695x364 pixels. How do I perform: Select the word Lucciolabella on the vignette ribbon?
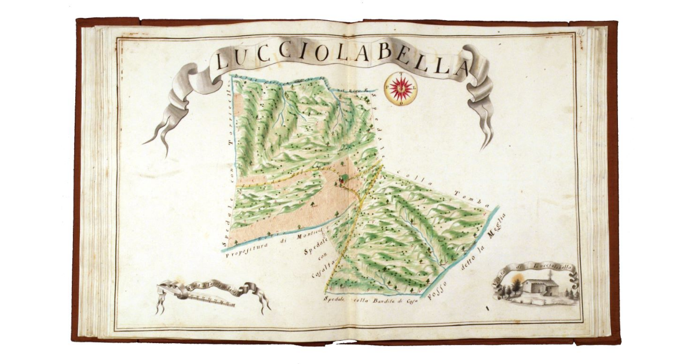click(550, 267)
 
